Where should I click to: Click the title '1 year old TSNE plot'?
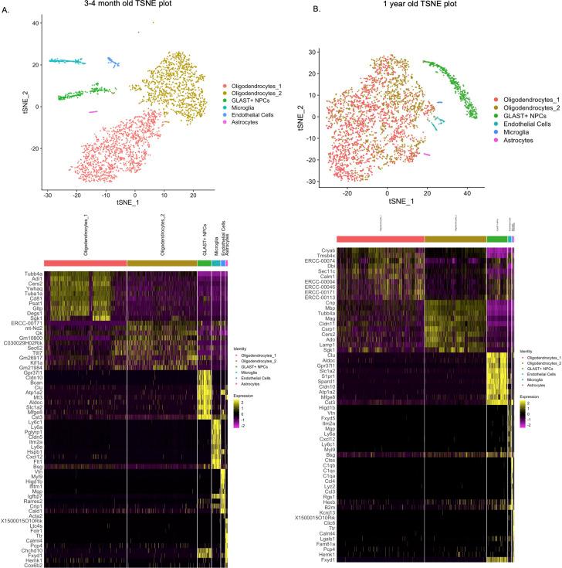point(420,6)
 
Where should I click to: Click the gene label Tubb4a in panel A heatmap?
point(32,274)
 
